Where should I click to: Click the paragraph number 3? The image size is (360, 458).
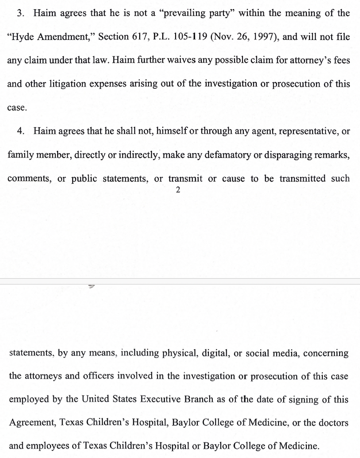click(x=20, y=13)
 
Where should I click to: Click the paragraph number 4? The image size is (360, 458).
click(x=26, y=131)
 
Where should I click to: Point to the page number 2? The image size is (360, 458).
click(x=178, y=190)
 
